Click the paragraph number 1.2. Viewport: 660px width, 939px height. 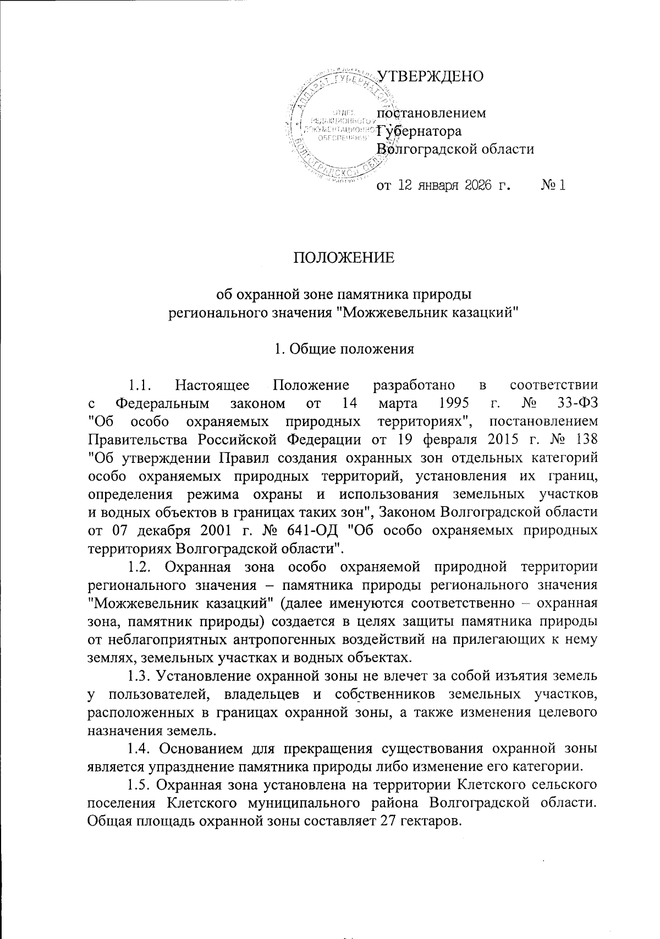tap(140, 567)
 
